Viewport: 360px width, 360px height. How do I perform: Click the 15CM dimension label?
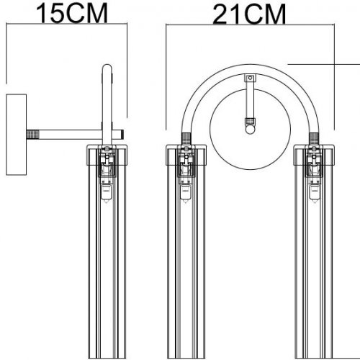click(x=66, y=13)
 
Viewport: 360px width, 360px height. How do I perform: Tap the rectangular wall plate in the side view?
click(x=14, y=134)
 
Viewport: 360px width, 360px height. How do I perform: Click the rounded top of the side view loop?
click(x=107, y=69)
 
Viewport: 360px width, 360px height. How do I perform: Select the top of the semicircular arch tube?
click(x=249, y=67)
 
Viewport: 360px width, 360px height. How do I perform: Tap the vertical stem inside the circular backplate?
click(x=249, y=101)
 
